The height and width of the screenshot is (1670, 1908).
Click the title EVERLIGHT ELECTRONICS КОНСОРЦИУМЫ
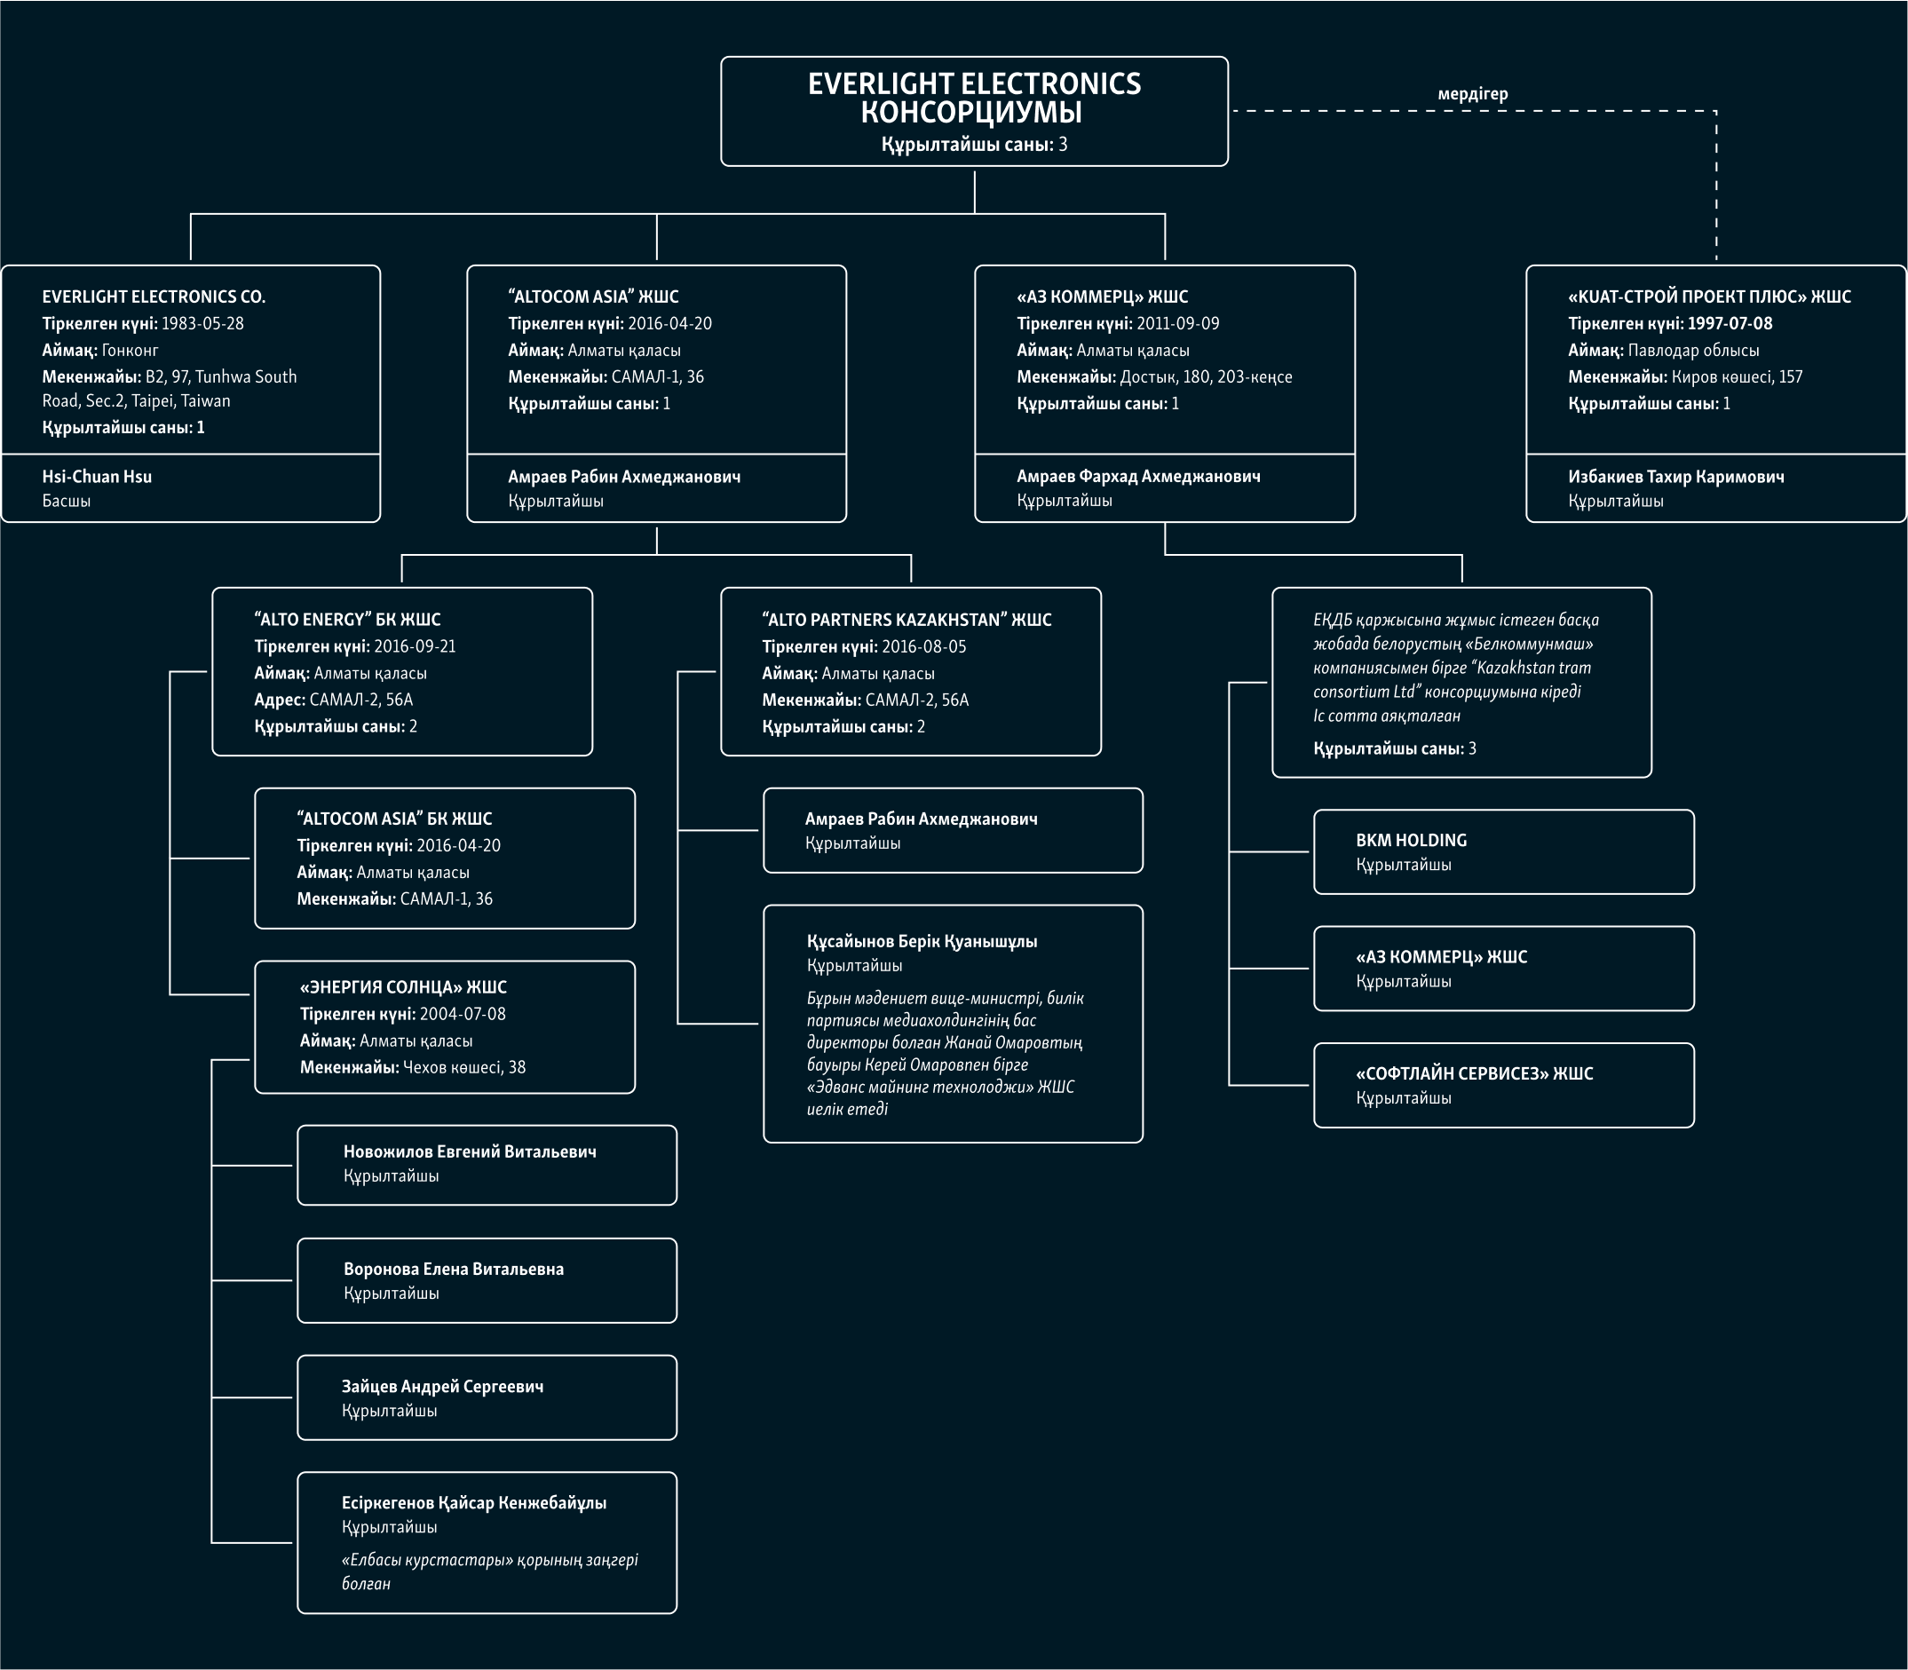point(974,98)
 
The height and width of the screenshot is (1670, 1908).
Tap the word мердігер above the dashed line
point(1473,94)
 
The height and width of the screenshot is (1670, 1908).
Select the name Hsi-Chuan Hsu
point(97,476)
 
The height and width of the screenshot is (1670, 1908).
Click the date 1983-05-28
point(202,323)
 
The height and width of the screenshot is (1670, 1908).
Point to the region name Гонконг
point(130,351)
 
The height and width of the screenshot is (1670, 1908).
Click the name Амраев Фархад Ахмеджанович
point(1138,476)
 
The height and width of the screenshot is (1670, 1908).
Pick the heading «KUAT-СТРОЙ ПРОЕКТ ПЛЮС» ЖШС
point(1709,297)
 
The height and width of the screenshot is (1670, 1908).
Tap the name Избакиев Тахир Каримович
point(1676,476)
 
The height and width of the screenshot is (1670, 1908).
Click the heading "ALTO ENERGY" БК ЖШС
point(348,619)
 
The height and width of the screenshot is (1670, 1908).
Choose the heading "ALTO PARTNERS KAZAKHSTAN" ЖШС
point(906,620)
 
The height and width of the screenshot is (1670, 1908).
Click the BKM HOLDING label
point(1411,840)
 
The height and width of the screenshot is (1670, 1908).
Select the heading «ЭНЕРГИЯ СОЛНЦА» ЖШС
point(404,987)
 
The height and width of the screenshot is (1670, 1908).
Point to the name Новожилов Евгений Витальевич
point(470,1152)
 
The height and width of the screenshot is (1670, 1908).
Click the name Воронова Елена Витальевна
point(454,1269)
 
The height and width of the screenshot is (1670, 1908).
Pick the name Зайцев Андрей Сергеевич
point(443,1386)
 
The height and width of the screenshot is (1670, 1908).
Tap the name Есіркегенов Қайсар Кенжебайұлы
point(474,1502)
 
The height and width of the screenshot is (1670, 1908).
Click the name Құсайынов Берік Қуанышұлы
point(922,941)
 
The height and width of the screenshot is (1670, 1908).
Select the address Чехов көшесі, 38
point(464,1067)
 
